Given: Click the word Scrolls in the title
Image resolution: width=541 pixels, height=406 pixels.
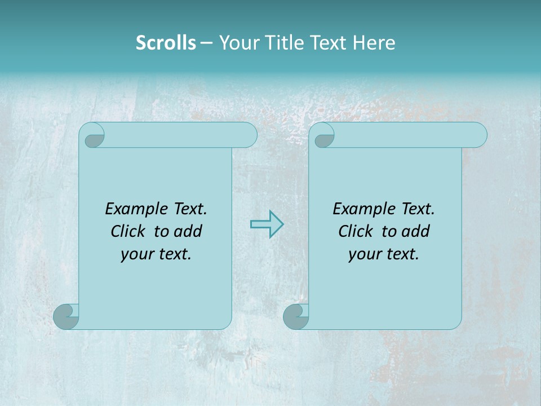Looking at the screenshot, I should click(x=166, y=43).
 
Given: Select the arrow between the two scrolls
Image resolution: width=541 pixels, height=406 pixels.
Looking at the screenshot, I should click(x=267, y=224).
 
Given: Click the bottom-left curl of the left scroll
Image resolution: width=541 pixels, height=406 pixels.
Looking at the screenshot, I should click(x=65, y=316).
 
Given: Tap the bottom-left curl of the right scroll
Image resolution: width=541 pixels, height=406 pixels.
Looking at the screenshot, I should click(x=295, y=316).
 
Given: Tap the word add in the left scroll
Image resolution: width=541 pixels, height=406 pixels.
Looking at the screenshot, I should click(x=189, y=231).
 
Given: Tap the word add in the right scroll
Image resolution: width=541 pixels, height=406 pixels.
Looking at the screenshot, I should click(x=416, y=231).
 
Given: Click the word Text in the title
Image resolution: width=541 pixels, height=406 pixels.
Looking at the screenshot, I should click(x=329, y=43).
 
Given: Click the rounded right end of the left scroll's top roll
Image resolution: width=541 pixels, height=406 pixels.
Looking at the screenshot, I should click(x=247, y=135).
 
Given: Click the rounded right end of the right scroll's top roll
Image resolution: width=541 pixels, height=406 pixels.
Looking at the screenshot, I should click(x=478, y=135).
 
